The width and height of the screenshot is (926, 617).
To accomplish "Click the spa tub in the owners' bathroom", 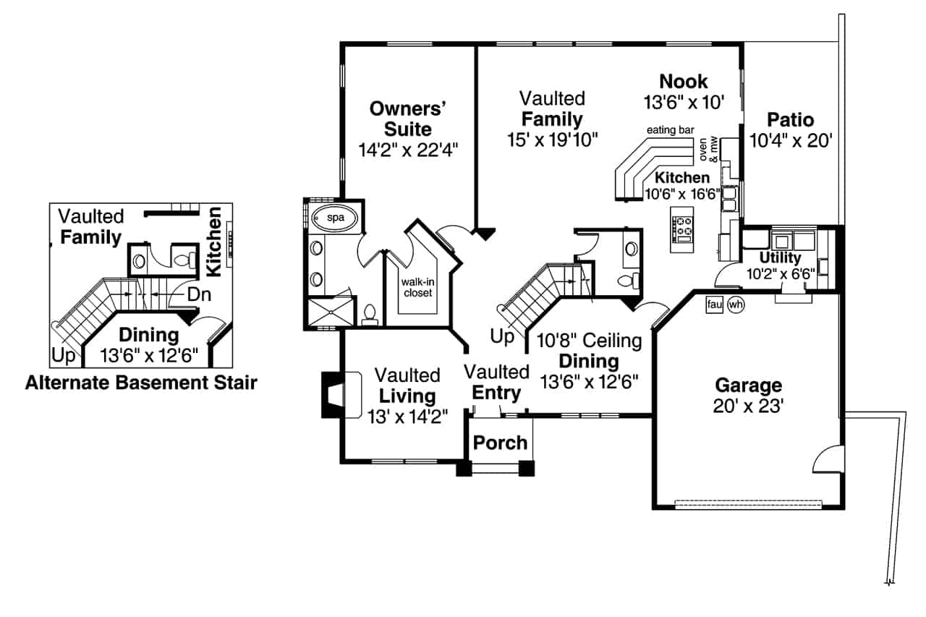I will click(334, 217).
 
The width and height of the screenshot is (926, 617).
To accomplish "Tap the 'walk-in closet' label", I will click(417, 287).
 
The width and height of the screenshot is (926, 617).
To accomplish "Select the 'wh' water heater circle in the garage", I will click(736, 305).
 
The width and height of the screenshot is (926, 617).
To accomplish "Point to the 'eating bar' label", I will click(670, 130).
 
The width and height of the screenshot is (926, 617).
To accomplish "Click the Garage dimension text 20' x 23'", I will click(748, 406).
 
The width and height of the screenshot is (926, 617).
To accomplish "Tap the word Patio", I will click(791, 119).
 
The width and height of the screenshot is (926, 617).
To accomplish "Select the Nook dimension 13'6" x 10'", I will click(684, 102).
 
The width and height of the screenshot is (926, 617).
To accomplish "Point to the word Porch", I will click(500, 443).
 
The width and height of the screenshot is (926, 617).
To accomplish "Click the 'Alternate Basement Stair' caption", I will click(141, 383).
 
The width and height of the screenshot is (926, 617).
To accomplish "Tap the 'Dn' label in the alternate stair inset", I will click(199, 294).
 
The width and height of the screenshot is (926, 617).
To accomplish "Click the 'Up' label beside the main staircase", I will click(501, 337).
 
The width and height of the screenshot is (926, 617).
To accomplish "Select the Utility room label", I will click(780, 258).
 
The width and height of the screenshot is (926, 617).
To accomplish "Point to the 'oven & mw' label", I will click(710, 149).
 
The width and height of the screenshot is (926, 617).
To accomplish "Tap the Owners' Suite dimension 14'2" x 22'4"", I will click(409, 150).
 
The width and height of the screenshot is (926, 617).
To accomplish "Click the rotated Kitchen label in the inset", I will click(213, 242).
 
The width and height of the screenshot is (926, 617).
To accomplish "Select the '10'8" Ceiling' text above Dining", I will click(583, 340).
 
